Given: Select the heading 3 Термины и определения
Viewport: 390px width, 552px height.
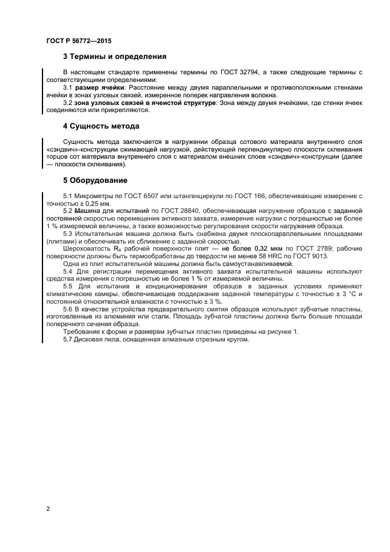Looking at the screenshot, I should click(x=114, y=57).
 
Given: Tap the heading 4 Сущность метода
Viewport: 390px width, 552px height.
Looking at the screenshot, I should click(x=101, y=126).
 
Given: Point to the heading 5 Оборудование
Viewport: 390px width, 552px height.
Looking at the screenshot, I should click(x=95, y=180).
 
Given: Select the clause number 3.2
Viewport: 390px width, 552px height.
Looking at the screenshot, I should click(x=67, y=103).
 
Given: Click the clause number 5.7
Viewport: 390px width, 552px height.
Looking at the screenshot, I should click(x=67, y=339).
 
